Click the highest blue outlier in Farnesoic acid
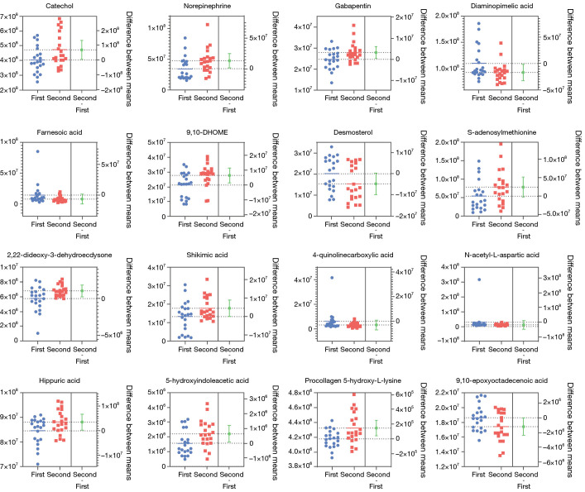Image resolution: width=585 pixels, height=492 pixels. coord(38,151)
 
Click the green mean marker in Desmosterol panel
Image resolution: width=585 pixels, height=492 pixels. coord(376,184)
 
